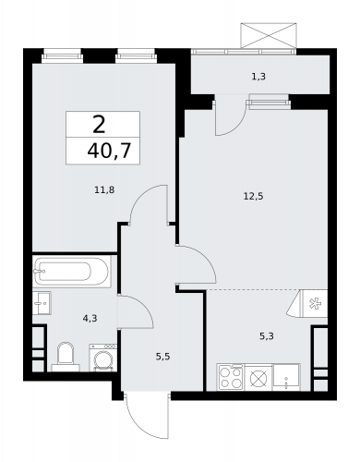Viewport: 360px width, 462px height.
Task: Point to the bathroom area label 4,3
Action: click(89, 319)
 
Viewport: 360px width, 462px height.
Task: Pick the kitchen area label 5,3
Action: click(266, 337)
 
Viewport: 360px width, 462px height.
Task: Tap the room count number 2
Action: click(98, 123)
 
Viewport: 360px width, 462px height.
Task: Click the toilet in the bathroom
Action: click(66, 355)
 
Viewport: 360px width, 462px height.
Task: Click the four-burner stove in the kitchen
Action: click(230, 377)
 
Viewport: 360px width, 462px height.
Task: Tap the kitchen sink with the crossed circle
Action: click(258, 377)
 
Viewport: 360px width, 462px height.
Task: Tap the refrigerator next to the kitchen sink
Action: click(288, 377)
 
